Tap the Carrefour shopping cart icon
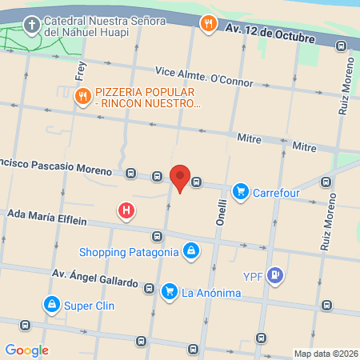[x=240, y=192]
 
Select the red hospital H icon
[x=126, y=211]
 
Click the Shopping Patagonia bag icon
[x=190, y=253]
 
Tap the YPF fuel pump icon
[x=276, y=276]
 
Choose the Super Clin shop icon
[x=51, y=305]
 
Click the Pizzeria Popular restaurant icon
[x=82, y=97]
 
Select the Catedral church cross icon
[x=31, y=25]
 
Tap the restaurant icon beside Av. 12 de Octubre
[x=209, y=23]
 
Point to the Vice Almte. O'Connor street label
[x=205, y=76]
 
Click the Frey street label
[x=80, y=70]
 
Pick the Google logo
[x=26, y=350]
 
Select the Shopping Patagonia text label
[x=129, y=253]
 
